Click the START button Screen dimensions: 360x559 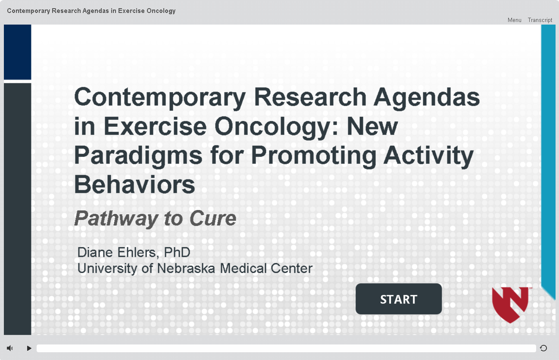click(x=399, y=299)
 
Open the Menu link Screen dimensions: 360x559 click(x=514, y=20)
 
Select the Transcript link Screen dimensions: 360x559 click(x=540, y=20)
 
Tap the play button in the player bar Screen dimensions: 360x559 click(x=29, y=348)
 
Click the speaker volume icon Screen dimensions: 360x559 click(x=10, y=348)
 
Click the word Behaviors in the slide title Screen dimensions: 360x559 click(x=134, y=185)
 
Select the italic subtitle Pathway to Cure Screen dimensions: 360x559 click(x=155, y=219)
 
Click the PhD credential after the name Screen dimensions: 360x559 click(x=177, y=252)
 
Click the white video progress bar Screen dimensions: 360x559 click(x=286, y=348)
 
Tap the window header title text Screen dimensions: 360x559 click(x=91, y=11)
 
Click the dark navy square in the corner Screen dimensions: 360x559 click(x=17, y=52)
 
